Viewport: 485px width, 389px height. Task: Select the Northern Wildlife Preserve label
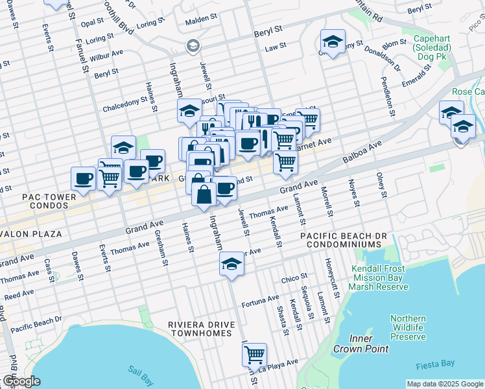coord(408,327)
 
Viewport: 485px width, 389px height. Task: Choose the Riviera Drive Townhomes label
coord(191,329)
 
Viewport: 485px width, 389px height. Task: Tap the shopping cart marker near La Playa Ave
coord(255,355)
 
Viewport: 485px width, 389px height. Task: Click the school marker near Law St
coord(332,43)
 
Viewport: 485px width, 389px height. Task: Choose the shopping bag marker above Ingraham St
coord(204,194)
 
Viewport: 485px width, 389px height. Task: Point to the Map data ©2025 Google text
coord(444,384)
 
